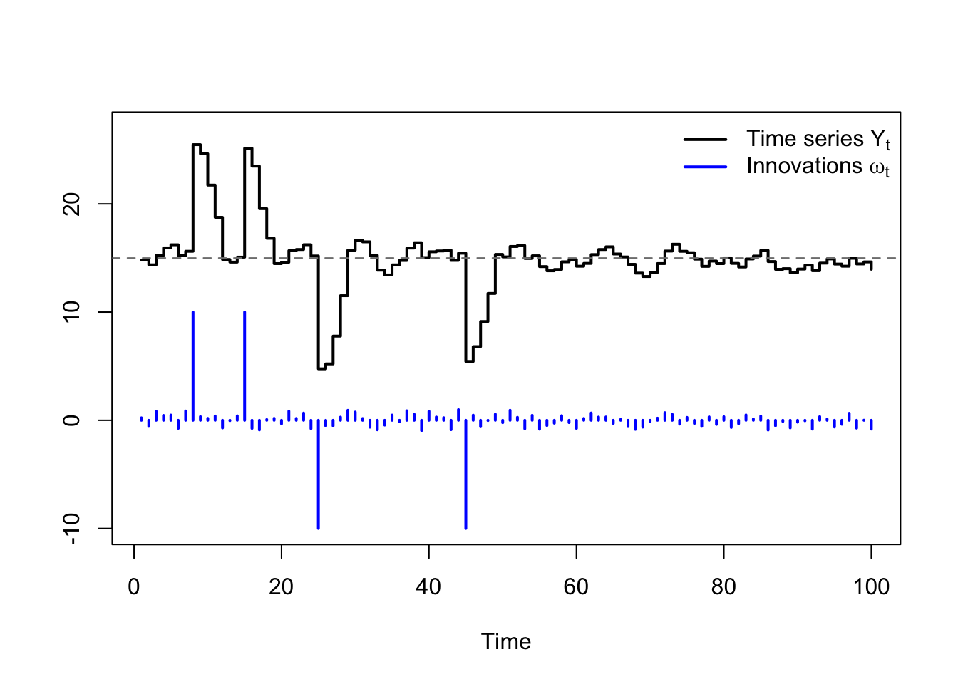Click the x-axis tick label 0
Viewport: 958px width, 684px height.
point(134,587)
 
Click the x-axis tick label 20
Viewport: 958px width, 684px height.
point(281,587)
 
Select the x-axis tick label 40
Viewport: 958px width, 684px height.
point(428,587)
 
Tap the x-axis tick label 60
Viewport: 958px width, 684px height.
point(576,587)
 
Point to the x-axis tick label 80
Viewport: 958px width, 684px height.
point(723,587)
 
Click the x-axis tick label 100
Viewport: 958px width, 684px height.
point(871,587)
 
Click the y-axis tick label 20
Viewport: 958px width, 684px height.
point(71,204)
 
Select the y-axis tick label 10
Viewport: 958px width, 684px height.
point(71,312)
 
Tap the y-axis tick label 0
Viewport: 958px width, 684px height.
point(71,420)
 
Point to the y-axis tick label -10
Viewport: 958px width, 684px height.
point(71,528)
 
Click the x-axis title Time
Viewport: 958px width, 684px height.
point(506,641)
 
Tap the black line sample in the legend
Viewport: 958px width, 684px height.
point(705,139)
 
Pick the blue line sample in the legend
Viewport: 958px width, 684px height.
point(705,167)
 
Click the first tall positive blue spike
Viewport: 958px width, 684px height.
point(193,363)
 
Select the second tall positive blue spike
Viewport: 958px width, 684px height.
point(244,363)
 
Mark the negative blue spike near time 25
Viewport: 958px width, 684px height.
point(318,477)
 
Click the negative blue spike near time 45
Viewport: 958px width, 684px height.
point(465,477)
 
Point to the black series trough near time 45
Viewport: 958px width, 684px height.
point(469,361)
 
